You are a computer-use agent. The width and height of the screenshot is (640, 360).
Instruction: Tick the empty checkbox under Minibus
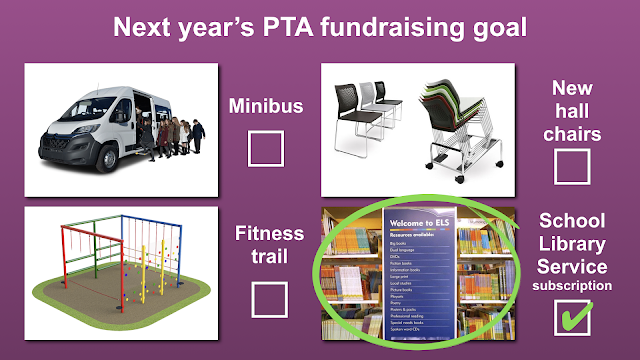[266, 149]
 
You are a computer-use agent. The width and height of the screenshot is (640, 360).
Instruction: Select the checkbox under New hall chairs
[571, 166]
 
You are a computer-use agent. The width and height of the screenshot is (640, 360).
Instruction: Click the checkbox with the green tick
[571, 319]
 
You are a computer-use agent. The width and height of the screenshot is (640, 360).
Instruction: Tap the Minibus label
[266, 105]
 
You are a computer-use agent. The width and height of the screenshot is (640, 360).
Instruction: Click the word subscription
[571, 285]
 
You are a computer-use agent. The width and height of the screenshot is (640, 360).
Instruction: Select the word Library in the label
[571, 243]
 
